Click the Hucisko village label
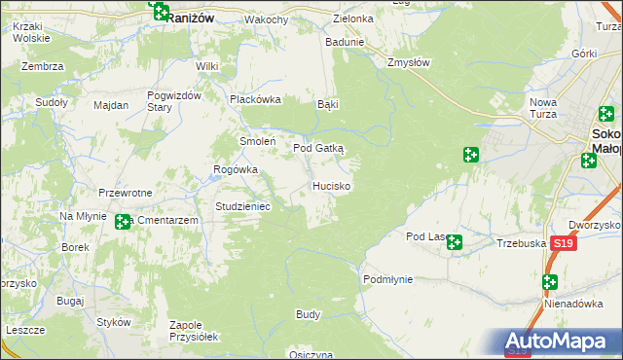point(332,185)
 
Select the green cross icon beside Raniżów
point(161,13)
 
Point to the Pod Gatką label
point(319,148)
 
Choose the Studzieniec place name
point(249,206)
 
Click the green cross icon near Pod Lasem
point(455,241)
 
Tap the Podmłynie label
point(387,279)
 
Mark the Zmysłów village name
point(408,61)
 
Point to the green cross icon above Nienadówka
point(550,282)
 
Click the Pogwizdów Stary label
point(173,100)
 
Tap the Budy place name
point(308,315)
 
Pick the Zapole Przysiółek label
point(194,330)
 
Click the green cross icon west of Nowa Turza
point(470,155)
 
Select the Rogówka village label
point(236,169)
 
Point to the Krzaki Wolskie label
point(31,32)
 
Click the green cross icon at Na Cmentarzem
point(123,223)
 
